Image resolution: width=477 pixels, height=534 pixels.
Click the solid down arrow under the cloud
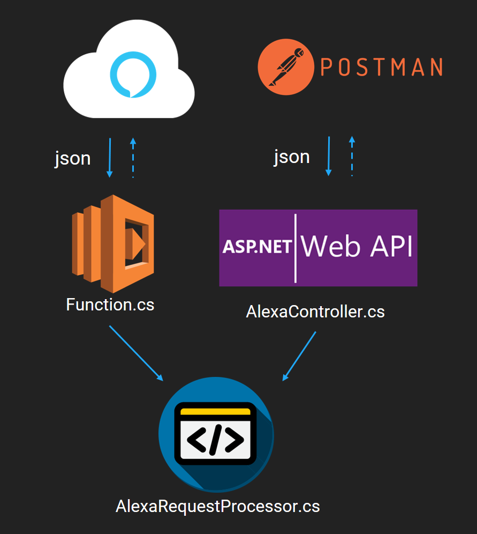coord(110,158)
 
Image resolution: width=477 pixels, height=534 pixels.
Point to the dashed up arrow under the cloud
coord(133,158)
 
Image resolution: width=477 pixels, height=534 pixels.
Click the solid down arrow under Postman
coord(329,156)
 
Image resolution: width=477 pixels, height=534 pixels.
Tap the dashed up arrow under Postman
coord(352,156)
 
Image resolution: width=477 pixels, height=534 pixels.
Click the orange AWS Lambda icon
coord(113,243)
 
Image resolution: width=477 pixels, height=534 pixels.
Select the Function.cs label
coord(110,305)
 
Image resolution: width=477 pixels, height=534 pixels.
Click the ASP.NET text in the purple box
coord(257,247)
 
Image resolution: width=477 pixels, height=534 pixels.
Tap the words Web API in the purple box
coord(357,247)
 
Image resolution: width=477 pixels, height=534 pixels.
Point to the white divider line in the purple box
coord(296,248)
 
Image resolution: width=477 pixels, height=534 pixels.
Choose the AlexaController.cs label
coord(315,311)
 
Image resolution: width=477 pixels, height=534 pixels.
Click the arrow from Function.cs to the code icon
coord(136,353)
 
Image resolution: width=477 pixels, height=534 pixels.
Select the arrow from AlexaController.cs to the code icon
coord(299,356)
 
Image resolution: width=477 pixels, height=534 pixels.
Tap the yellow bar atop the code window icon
coord(216,412)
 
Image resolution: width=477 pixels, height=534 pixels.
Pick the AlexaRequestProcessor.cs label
coord(218,506)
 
